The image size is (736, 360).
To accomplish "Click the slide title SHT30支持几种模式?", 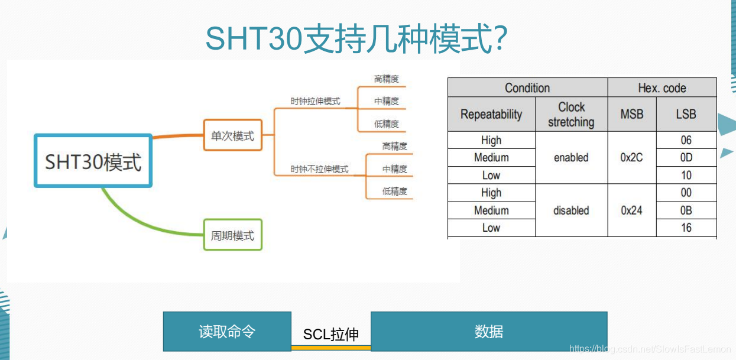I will [356, 39].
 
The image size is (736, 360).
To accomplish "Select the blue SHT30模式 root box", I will [93, 161].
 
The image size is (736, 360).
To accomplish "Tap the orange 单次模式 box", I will [232, 135].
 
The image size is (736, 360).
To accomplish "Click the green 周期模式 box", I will [232, 235].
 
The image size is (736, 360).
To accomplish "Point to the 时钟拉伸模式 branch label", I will [315, 101].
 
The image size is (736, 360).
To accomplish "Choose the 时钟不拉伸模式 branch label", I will [319, 169].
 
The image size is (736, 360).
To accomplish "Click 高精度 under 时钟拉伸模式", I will [387, 79].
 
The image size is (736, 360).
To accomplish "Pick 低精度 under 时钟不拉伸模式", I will [394, 191].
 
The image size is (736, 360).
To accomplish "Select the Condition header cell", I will [527, 88].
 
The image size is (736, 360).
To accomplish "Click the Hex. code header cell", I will [662, 88].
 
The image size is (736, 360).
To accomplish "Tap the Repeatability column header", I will [491, 114].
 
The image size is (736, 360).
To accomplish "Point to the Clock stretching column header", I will [571, 114].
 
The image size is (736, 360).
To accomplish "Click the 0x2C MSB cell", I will [631, 157].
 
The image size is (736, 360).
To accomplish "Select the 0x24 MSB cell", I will [631, 210].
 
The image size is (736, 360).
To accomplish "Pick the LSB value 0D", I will [686, 157].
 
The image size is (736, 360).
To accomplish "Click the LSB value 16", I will [686, 228].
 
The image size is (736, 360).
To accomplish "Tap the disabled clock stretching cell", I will [571, 210].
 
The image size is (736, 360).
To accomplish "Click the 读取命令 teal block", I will [227, 332].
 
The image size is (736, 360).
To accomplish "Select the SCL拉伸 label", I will [331, 335].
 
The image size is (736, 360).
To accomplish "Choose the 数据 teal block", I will [489, 332].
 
